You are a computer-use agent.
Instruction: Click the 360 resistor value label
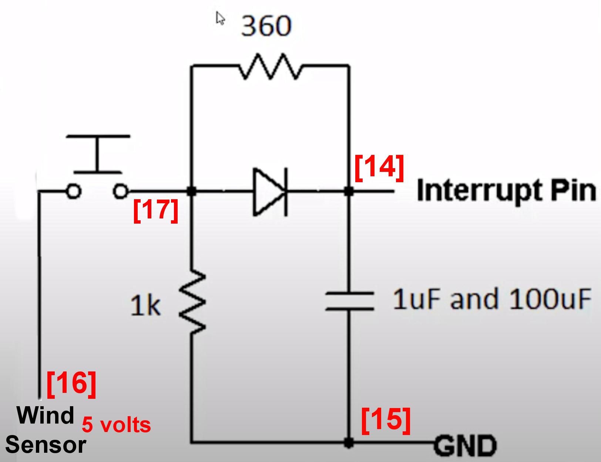pos(266,26)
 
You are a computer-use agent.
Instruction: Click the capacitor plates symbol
pos(349,301)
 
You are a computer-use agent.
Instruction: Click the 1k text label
pos(145,306)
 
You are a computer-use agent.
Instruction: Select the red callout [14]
pos(379,167)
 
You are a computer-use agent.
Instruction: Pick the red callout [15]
pos(386,420)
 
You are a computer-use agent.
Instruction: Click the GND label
pos(465,446)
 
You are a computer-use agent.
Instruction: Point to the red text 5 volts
pos(116,425)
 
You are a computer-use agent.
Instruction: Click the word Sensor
pos(46,445)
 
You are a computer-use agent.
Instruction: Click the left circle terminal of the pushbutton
pos(73,191)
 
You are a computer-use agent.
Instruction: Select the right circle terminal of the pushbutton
pos(120,191)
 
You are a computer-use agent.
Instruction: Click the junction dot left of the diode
pos(191,191)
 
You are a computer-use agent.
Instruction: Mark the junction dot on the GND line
pos(349,442)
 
